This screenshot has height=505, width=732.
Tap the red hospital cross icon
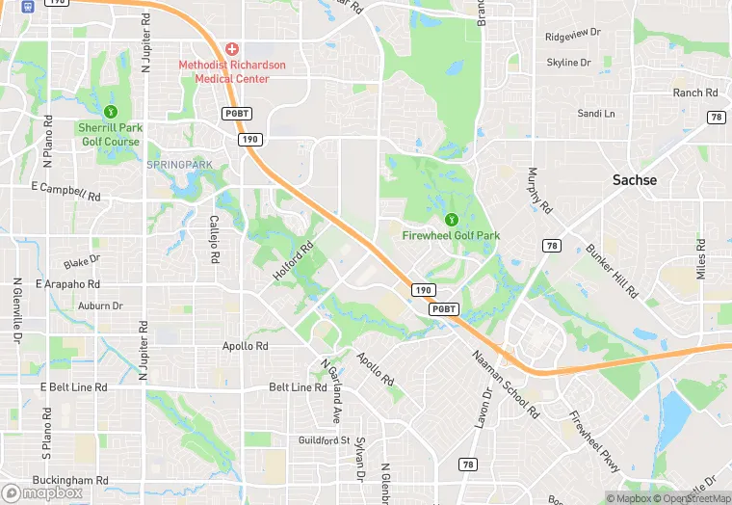(231, 48)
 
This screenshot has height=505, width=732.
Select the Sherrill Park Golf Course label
(109, 135)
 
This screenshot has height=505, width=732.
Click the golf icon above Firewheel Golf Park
(451, 219)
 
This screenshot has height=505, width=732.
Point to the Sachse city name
(635, 180)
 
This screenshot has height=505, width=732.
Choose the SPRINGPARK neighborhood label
(179, 165)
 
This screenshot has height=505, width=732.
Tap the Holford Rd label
(294, 261)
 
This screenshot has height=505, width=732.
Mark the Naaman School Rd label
(506, 382)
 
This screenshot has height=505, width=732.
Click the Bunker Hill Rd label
(612, 271)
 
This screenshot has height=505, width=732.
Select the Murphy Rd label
(538, 191)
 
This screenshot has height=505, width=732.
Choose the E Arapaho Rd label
(67, 284)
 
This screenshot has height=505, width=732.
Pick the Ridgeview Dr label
(572, 34)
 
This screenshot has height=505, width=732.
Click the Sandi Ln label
(595, 114)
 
